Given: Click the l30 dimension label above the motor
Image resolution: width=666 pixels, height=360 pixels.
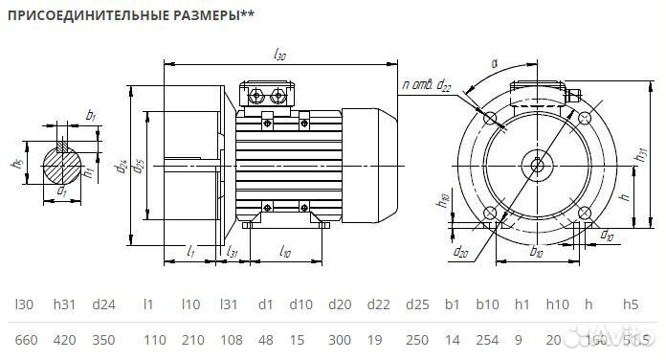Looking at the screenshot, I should tap(279, 56).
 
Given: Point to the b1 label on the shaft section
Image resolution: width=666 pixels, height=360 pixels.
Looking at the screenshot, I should tap(91, 115).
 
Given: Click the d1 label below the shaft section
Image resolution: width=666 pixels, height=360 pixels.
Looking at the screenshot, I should tap(63, 191).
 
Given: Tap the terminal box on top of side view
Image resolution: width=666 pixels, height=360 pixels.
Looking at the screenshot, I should tap(270, 96).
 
